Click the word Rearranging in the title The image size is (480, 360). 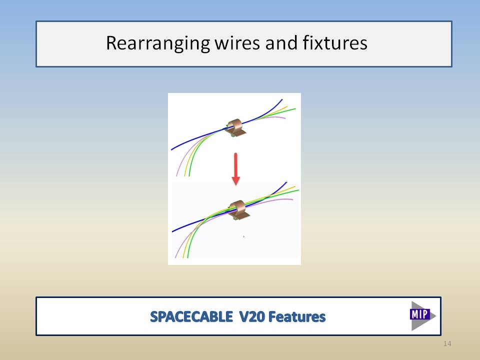(x=157, y=43)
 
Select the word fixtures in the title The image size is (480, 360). (x=335, y=42)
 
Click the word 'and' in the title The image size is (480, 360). (x=281, y=42)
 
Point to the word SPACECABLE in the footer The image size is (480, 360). (x=191, y=316)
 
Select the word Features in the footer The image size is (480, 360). (x=297, y=316)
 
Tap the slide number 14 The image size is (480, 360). (x=447, y=343)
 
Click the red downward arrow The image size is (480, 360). (x=235, y=168)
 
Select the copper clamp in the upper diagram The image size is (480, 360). (x=235, y=128)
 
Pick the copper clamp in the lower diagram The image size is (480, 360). (x=239, y=210)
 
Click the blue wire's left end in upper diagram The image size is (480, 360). (x=171, y=149)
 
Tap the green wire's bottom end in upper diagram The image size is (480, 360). (x=189, y=175)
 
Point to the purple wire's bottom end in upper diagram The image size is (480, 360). (x=176, y=175)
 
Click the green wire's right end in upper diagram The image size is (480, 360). (x=295, y=108)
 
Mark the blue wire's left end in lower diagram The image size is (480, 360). (x=172, y=231)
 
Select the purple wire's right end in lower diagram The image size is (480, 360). (x=292, y=199)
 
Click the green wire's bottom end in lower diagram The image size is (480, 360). (x=187, y=257)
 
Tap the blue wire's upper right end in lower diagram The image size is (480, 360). (x=287, y=182)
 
